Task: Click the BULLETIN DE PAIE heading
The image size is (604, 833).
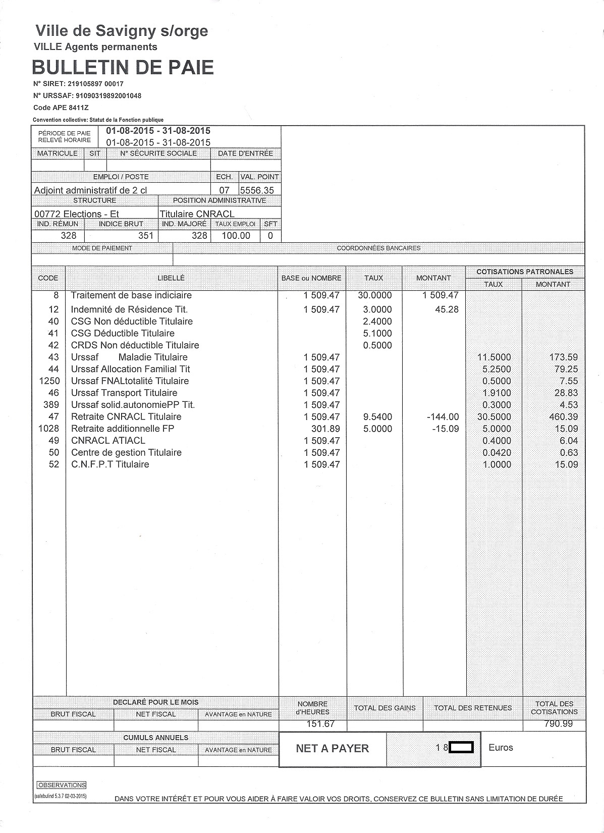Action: [x=123, y=67]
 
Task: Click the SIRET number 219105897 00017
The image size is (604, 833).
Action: [x=99, y=84]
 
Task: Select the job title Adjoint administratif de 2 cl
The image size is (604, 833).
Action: [x=90, y=190]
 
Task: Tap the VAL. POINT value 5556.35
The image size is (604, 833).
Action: [x=257, y=190]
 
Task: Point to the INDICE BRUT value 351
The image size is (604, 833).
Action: [x=145, y=235]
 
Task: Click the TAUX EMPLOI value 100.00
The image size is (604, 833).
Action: [x=236, y=235]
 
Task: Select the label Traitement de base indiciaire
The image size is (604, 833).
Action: [x=131, y=295]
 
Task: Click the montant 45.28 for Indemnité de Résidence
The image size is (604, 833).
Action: [x=447, y=309]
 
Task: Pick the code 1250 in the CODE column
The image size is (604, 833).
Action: [x=49, y=381]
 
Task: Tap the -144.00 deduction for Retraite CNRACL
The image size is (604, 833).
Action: [x=443, y=417]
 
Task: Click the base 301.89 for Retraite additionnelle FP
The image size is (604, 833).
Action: [x=325, y=429]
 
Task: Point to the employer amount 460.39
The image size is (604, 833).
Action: [x=563, y=417]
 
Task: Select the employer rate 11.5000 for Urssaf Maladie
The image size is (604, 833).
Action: [x=494, y=357]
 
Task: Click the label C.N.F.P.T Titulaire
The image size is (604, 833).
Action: [x=110, y=464]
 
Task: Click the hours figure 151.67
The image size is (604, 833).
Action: [x=320, y=724]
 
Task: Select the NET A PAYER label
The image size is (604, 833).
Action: [x=332, y=748]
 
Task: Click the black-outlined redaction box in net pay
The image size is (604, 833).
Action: [x=461, y=747]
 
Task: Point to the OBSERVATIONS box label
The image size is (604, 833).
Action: [x=62, y=785]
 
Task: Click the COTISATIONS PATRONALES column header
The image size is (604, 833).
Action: [x=525, y=272]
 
